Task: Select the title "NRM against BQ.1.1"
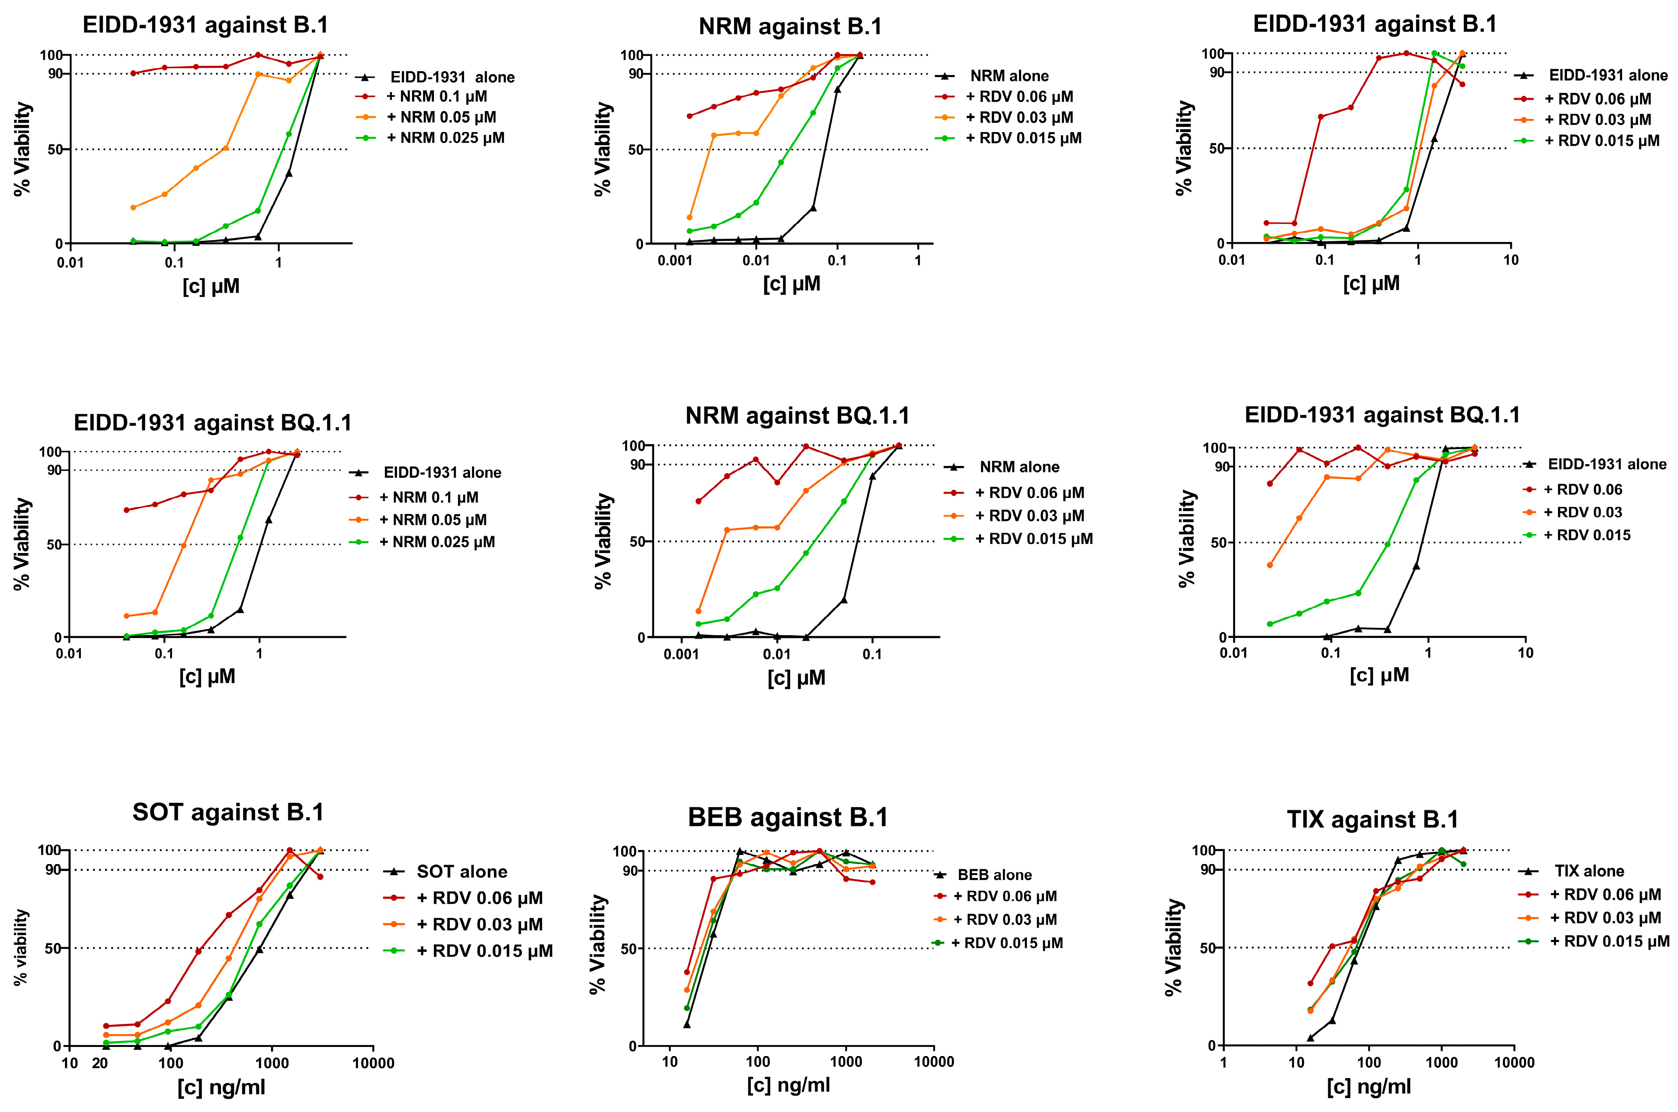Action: [797, 416]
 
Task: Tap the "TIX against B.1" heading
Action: [1373, 820]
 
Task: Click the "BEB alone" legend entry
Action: [994, 875]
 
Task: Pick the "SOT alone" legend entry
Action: [462, 872]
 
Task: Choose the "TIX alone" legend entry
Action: [1589, 871]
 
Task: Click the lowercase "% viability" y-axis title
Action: [21, 947]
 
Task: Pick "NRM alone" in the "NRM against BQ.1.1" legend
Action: [1019, 467]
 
